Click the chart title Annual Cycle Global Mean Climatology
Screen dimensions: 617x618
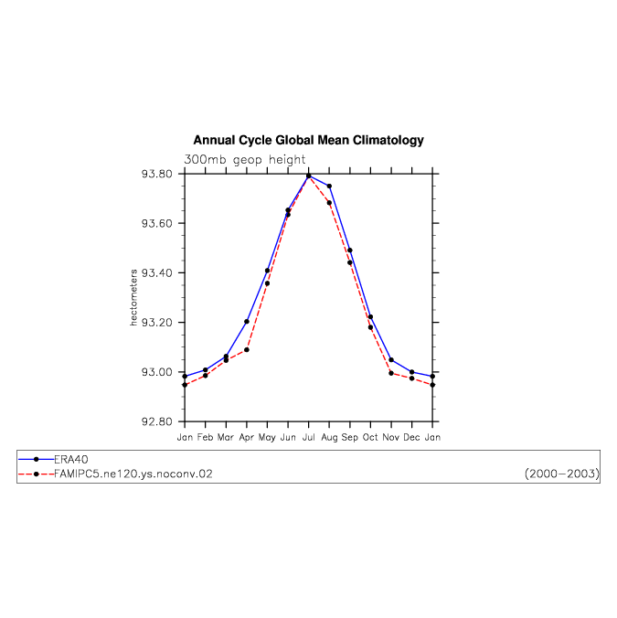(308, 140)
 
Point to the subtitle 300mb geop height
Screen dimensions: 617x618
(244, 160)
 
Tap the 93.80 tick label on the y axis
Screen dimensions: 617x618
(157, 174)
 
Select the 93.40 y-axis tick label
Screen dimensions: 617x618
(157, 272)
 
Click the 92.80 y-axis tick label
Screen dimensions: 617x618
(157, 421)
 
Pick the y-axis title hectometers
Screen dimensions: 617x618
(133, 297)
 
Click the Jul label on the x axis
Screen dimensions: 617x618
(309, 437)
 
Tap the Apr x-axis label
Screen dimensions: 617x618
(247, 438)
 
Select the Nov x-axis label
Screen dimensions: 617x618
(391, 437)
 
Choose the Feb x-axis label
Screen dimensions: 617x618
(205, 437)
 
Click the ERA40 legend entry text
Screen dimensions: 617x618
(71, 460)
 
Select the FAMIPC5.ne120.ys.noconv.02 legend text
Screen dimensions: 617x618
(133, 474)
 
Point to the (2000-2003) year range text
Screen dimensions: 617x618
(562, 474)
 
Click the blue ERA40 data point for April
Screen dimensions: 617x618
(247, 322)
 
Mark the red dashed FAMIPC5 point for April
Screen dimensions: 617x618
(247, 350)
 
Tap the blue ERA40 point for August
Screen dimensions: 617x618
(329, 186)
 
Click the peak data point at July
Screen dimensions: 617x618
(309, 176)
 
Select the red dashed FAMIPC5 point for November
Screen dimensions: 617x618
(391, 373)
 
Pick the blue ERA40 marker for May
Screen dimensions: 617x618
(268, 271)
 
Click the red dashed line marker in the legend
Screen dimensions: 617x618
(37, 474)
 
